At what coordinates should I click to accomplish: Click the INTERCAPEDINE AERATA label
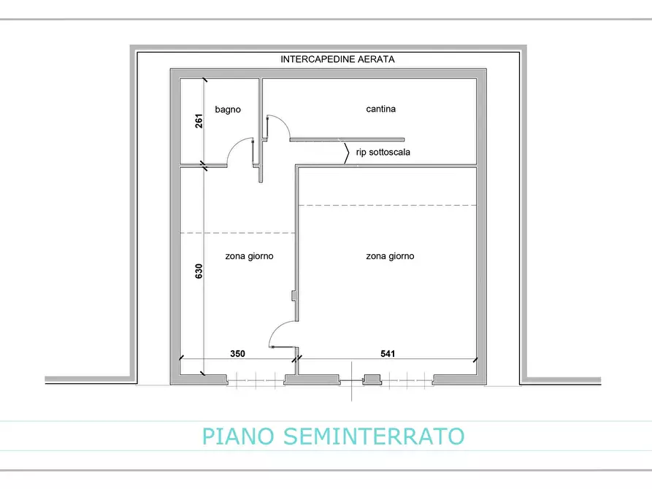click(337, 60)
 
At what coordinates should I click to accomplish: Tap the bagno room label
click(227, 109)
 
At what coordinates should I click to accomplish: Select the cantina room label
click(380, 109)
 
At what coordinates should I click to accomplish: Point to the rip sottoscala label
click(383, 153)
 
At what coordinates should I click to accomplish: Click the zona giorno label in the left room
click(249, 256)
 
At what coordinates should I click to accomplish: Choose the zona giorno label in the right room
click(389, 256)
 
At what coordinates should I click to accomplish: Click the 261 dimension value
click(199, 121)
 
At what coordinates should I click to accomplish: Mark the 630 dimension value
click(199, 271)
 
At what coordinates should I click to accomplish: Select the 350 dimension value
click(237, 353)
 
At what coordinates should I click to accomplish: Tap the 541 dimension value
click(388, 353)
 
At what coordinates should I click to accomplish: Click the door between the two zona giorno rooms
click(280, 333)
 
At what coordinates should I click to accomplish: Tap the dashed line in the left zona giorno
click(238, 234)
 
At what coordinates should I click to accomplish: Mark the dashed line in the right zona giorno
click(388, 205)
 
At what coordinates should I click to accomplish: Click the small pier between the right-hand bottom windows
click(372, 380)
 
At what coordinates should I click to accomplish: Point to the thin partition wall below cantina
click(348, 139)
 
